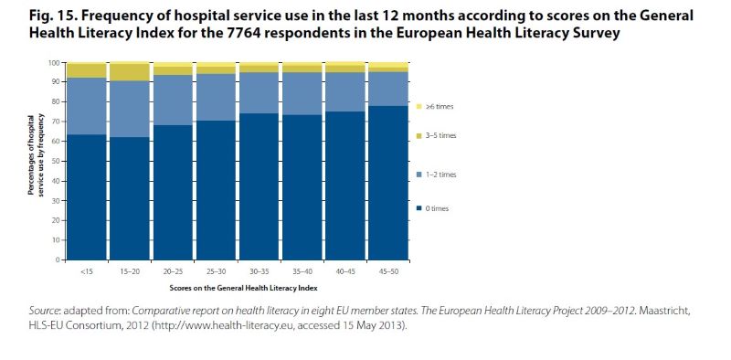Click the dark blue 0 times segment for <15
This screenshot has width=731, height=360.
(x=87, y=197)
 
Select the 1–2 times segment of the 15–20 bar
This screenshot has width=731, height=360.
(x=130, y=109)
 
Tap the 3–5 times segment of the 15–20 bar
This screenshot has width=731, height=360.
(x=130, y=72)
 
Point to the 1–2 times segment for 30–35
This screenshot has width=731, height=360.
(x=260, y=93)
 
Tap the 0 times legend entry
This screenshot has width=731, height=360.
(x=433, y=208)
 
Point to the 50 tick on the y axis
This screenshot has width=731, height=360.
(x=60, y=162)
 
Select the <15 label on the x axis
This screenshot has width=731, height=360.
(x=87, y=271)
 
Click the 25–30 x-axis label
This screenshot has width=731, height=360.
(x=216, y=271)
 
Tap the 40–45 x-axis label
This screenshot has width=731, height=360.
(x=345, y=271)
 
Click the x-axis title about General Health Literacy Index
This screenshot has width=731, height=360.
(x=243, y=288)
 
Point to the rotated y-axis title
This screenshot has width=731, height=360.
(x=36, y=154)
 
